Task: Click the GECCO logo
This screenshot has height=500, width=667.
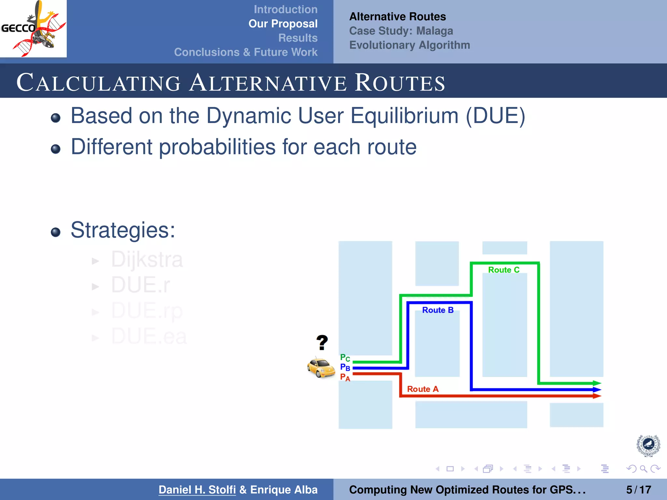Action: pos(33,29)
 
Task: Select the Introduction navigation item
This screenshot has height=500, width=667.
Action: pos(285,9)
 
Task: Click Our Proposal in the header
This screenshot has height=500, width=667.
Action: pos(283,24)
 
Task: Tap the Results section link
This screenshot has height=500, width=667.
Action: pos(298,38)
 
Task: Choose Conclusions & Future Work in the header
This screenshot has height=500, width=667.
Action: pos(246,52)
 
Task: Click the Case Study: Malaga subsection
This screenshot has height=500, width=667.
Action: pos(401,31)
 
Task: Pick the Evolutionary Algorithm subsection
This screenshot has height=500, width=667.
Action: pos(409,45)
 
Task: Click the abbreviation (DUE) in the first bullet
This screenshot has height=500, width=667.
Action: pos(495,116)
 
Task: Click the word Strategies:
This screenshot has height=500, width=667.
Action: pos(123,230)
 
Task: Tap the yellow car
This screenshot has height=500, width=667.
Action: pos(321,368)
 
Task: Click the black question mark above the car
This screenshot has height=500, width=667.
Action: pos(322,342)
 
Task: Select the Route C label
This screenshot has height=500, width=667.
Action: pos(504,270)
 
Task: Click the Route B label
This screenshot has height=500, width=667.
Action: pos(438,310)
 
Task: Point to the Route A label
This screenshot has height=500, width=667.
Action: pos(423,389)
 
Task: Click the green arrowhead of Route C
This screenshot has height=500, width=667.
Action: pos(597,383)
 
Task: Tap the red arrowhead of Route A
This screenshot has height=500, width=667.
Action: pos(597,396)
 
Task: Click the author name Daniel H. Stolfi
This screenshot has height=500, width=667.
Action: pos(197,490)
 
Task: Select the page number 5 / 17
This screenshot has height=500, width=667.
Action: pos(638,490)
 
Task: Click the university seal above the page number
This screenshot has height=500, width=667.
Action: pos(648,445)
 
